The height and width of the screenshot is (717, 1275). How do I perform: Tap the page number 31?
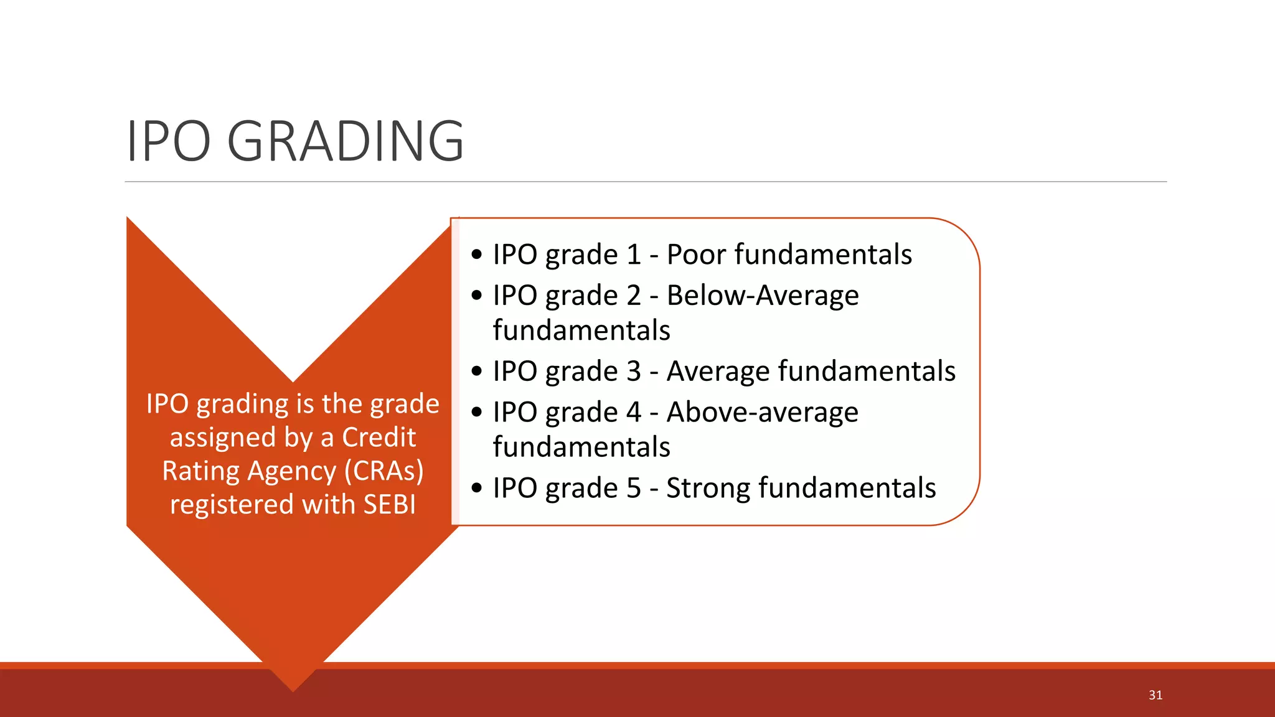[1155, 695]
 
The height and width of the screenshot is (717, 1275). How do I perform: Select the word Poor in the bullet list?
[696, 255]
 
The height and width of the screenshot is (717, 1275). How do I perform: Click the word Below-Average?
[763, 295]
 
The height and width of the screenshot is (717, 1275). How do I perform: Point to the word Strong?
[707, 488]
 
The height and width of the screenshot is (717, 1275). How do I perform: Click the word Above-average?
[763, 412]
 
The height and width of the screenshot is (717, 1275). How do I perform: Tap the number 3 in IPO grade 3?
[633, 372]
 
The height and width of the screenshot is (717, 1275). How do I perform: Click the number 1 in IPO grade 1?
[633, 255]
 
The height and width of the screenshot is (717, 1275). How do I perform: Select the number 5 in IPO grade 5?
[633, 488]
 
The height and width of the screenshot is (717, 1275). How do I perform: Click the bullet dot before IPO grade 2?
[477, 295]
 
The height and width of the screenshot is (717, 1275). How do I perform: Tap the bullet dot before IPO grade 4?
[477, 412]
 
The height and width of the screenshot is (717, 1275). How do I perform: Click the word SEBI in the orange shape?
[389, 504]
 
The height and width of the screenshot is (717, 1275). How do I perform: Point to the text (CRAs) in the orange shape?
[383, 471]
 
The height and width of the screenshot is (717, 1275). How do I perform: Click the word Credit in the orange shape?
[379, 437]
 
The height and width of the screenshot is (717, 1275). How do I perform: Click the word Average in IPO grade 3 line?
[718, 372]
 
